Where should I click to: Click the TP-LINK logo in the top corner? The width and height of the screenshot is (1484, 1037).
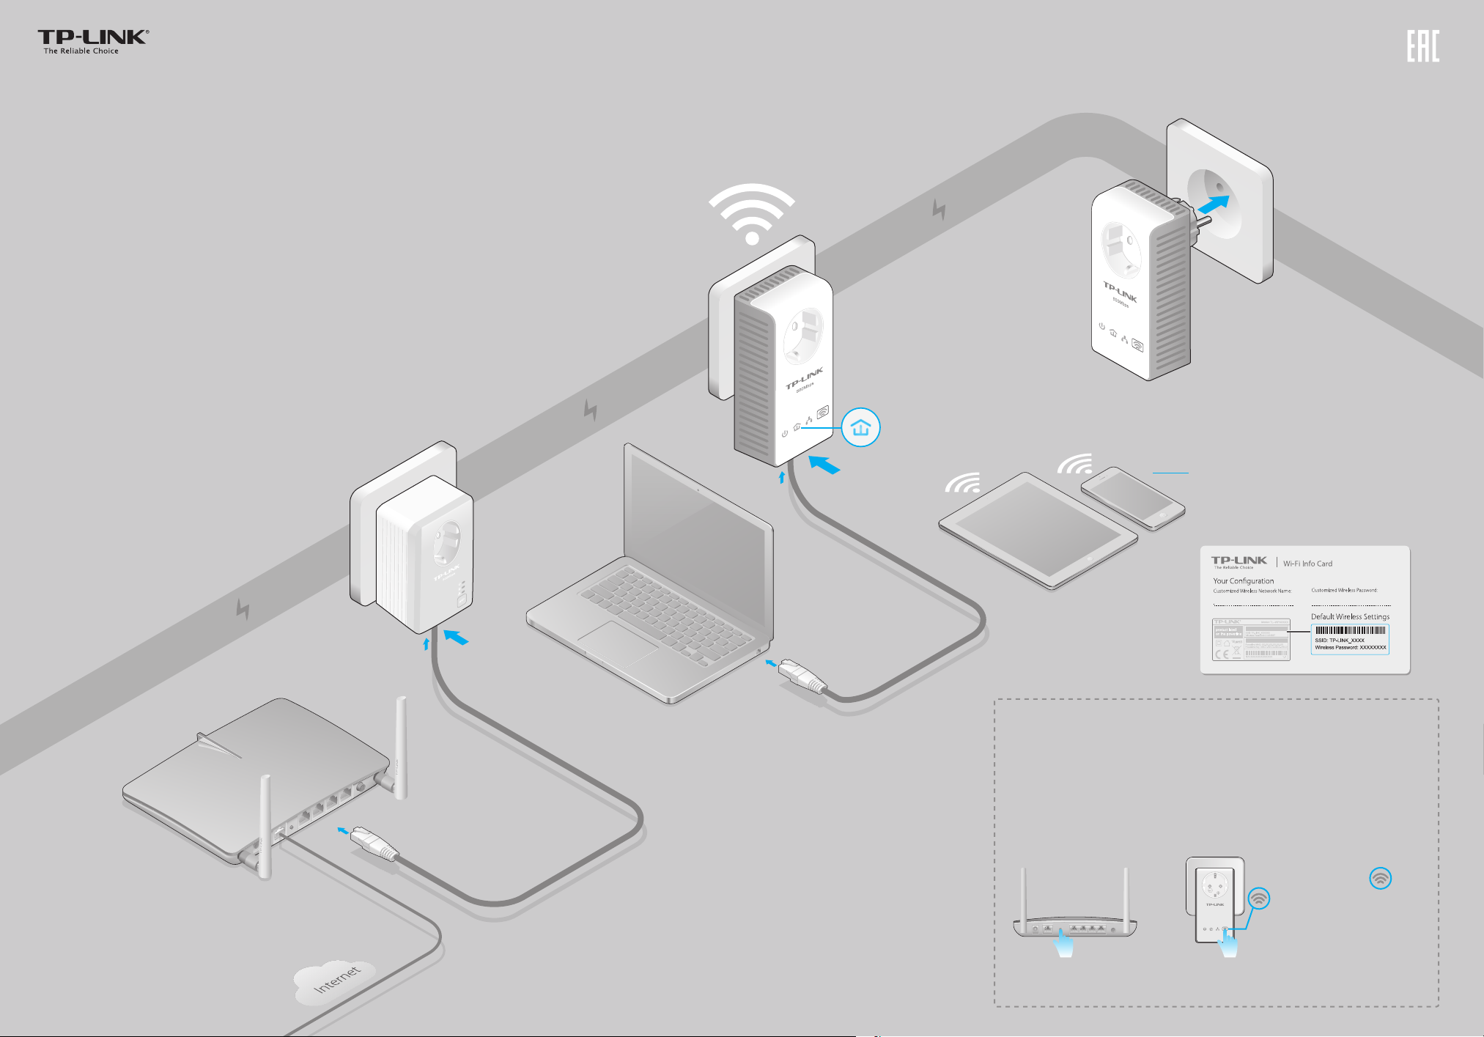pyautogui.click(x=93, y=42)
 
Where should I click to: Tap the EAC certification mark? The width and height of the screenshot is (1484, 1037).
pyautogui.click(x=1422, y=46)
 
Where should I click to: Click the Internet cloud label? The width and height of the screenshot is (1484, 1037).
pyautogui.click(x=336, y=979)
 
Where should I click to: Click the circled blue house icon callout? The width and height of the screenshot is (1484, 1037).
pyautogui.click(x=860, y=428)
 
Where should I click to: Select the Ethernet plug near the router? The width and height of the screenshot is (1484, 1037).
pyautogui.click(x=374, y=843)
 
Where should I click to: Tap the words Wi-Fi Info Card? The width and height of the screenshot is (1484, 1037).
pyautogui.click(x=1307, y=564)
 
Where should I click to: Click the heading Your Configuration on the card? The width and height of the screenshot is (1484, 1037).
pyautogui.click(x=1243, y=580)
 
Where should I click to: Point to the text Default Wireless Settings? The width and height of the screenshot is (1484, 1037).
pyautogui.click(x=1350, y=616)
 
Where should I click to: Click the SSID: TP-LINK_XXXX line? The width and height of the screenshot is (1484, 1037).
pyautogui.click(x=1340, y=640)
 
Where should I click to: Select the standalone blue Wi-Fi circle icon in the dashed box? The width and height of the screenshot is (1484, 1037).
pyautogui.click(x=1380, y=879)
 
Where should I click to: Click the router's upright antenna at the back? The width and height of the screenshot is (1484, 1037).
pyautogui.click(x=401, y=748)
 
